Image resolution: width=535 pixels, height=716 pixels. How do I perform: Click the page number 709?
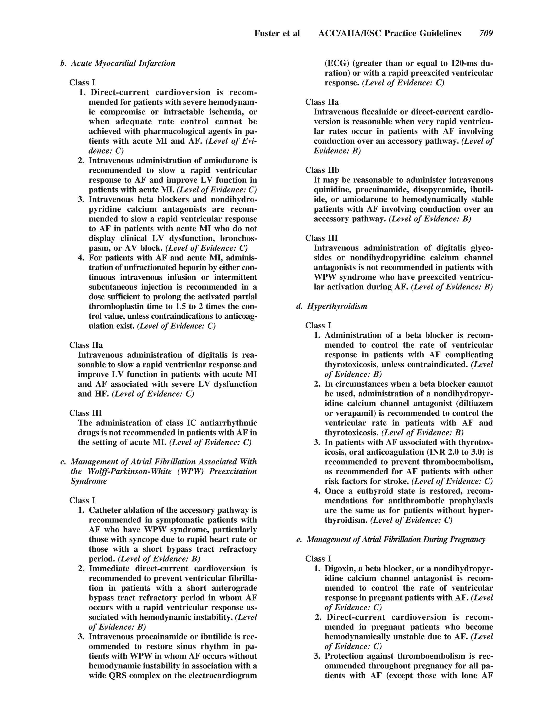tap(486, 33)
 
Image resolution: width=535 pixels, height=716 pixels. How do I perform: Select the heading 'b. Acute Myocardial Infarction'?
tap(118, 63)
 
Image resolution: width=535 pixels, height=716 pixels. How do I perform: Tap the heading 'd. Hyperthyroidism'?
tap(332, 306)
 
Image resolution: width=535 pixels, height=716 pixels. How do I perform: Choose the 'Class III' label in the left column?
tap(85, 413)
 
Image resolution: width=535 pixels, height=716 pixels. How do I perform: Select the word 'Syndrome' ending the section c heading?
tap(89, 481)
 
